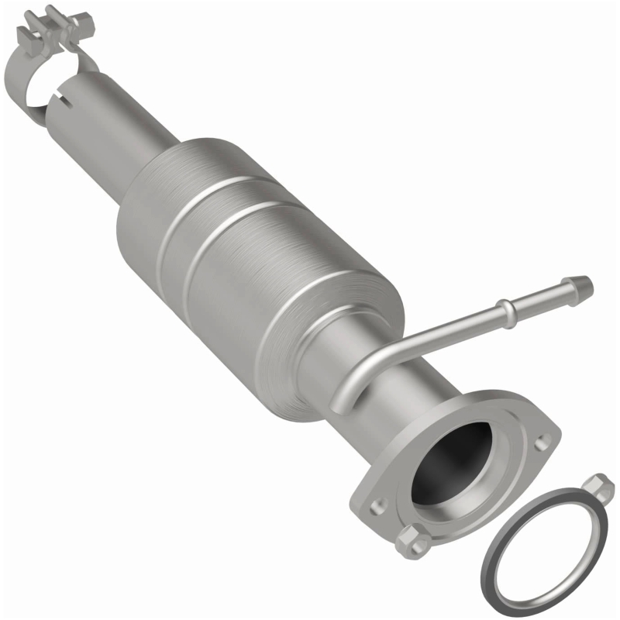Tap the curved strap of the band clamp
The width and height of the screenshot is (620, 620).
point(22,85)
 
